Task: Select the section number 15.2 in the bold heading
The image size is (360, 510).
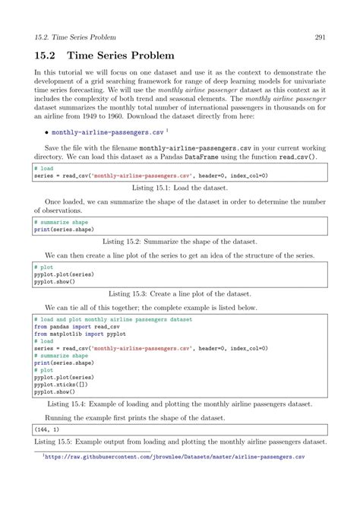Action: [45, 56]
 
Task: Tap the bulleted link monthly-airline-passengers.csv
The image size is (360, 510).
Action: [95, 131]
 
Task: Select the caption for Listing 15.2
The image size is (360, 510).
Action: [179, 239]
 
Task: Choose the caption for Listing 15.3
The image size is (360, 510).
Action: [179, 292]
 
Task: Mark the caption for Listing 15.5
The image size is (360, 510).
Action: [179, 442]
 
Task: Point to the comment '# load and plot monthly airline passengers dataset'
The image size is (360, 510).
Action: [112, 320]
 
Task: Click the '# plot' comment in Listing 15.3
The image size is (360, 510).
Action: [43, 268]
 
